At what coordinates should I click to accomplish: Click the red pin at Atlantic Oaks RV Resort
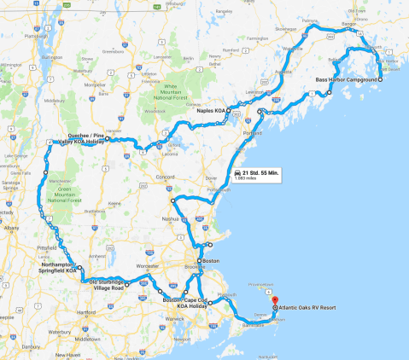pyautogui.click(x=275, y=301)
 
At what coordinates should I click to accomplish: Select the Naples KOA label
pyautogui.click(x=209, y=110)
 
